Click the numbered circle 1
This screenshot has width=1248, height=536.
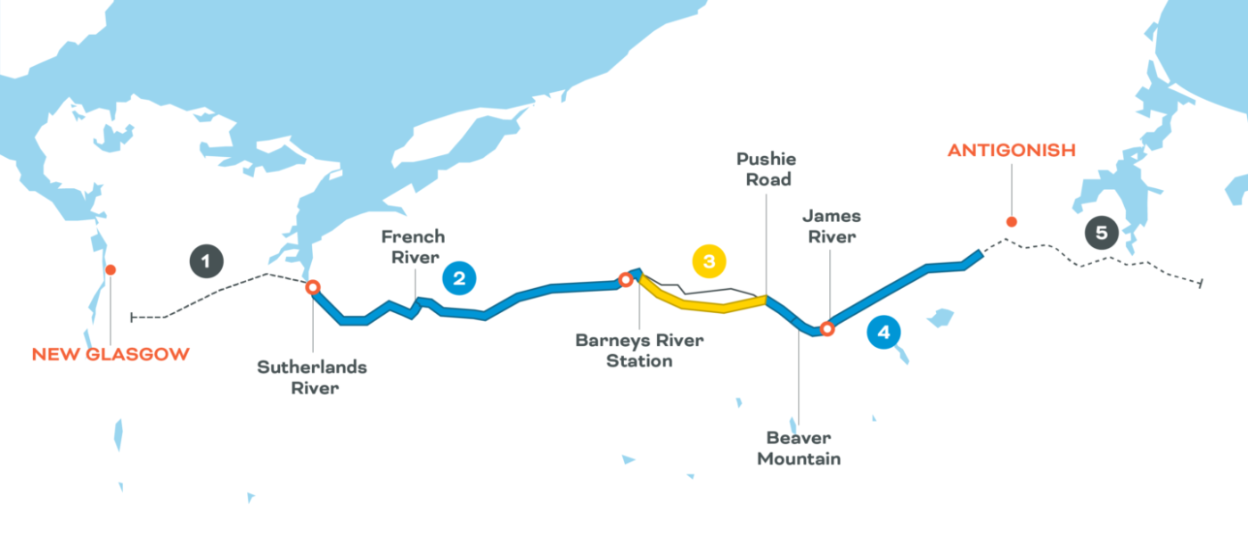(x=206, y=261)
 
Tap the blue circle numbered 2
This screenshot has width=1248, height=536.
(x=458, y=278)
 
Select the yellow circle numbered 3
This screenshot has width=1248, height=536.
(x=709, y=261)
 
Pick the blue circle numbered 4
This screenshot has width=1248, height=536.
(x=883, y=334)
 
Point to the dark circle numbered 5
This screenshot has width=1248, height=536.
(x=1102, y=234)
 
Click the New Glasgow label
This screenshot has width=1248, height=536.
(x=111, y=354)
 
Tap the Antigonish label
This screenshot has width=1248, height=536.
(x=1011, y=151)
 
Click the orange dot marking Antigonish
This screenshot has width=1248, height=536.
(x=1010, y=222)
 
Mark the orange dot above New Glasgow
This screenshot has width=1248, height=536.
(x=110, y=269)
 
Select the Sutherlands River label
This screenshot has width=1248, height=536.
(x=312, y=377)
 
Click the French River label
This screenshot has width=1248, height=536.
(x=412, y=247)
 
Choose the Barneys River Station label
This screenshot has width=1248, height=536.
(x=638, y=350)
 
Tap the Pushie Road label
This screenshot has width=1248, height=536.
(x=764, y=169)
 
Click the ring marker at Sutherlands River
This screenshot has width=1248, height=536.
(x=313, y=287)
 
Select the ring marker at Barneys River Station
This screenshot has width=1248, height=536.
(x=626, y=280)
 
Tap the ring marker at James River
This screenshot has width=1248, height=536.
(x=827, y=329)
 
